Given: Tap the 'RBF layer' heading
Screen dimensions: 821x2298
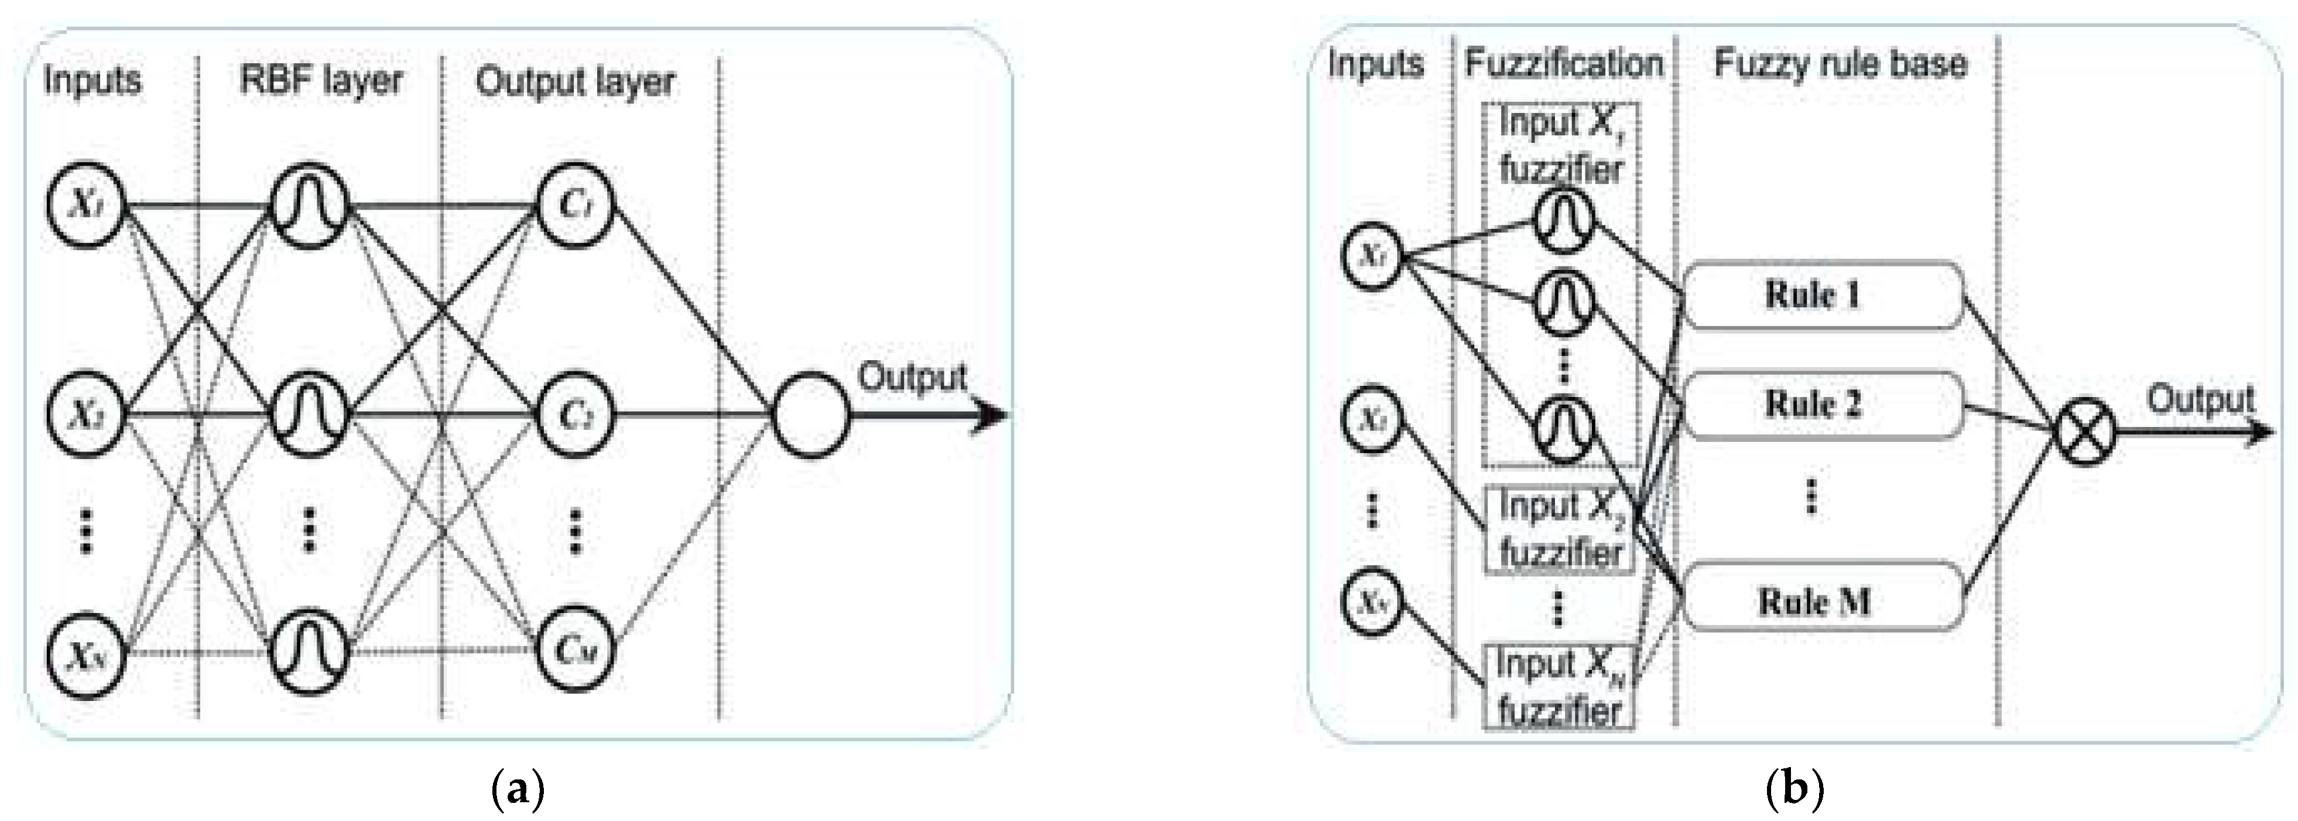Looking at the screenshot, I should pyautogui.click(x=321, y=80).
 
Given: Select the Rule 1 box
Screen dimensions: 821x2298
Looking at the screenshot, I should pyautogui.click(x=1823, y=295).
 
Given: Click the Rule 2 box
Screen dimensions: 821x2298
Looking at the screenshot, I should pyautogui.click(x=1823, y=405).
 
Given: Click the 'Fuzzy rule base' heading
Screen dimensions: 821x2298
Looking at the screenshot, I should pyautogui.click(x=1840, y=64).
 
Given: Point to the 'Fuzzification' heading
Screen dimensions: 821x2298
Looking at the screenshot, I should pyautogui.click(x=1563, y=64).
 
